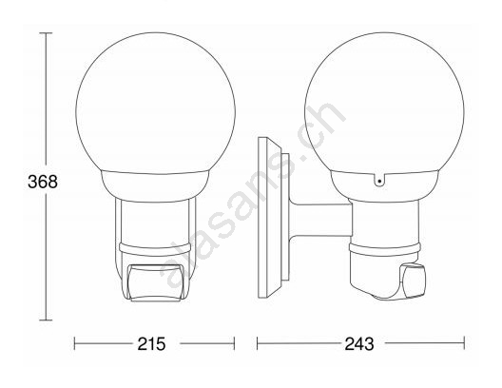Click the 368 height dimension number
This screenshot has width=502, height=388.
[43, 182]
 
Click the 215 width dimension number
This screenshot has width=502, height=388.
[151, 344]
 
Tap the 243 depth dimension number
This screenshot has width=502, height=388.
[359, 344]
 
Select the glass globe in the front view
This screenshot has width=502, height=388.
[156, 103]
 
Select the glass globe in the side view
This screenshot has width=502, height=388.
[384, 103]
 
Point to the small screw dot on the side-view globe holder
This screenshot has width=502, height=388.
[379, 182]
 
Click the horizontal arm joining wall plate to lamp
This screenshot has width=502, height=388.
[320, 220]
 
